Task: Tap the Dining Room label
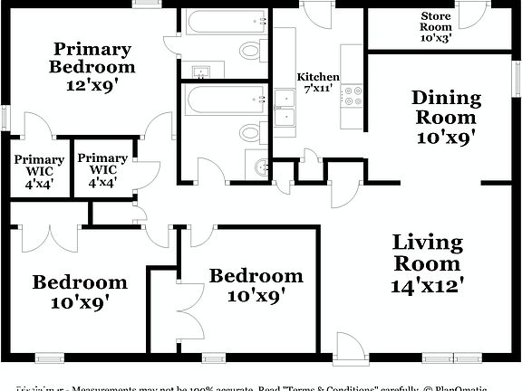(x=444, y=117)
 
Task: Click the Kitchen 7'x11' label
(x=318, y=82)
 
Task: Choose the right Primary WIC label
(x=102, y=169)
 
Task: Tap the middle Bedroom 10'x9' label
(x=256, y=284)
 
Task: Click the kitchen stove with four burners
(x=352, y=95)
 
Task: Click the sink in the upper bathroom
(x=202, y=71)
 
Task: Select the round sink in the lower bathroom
(x=260, y=166)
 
